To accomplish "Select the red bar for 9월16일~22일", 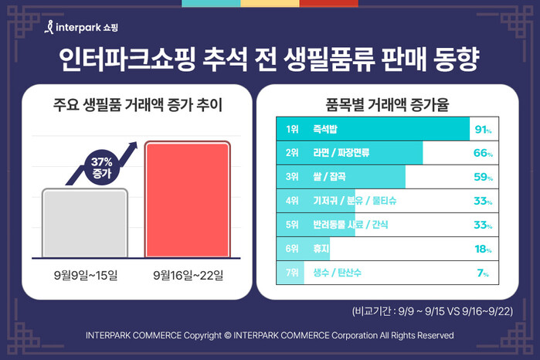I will point(188,199).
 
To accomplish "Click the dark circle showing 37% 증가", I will point(102,168).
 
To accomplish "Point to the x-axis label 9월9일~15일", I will point(85,274).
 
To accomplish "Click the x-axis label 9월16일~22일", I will point(188,274).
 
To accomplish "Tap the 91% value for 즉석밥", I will point(483,129).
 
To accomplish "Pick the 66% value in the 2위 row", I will point(483,153).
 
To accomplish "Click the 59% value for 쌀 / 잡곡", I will point(483,177).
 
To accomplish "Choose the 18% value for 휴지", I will point(483,249).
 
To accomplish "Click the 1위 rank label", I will point(291,129).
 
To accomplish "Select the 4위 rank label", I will point(291,201).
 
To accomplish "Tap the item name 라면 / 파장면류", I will point(341,153).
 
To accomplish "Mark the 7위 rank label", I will point(291,273).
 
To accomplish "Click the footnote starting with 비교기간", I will point(433,311).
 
